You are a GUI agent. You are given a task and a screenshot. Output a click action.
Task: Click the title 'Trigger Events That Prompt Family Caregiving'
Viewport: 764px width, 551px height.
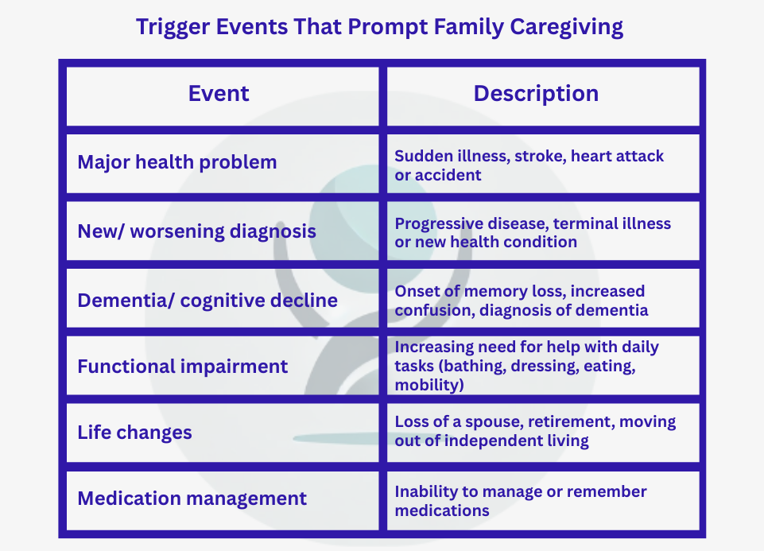coord(379,26)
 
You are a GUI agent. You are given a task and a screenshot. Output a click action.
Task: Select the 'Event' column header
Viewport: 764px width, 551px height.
coord(219,94)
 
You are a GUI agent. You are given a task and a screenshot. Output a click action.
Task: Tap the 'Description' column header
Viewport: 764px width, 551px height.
coord(536,94)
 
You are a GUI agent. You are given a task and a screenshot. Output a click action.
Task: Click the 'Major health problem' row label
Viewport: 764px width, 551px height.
coord(177,162)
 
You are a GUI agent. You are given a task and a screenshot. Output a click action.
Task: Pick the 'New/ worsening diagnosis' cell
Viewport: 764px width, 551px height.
coord(196,231)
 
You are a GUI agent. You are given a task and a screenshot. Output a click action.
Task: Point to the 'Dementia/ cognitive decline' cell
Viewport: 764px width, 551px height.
coord(207,301)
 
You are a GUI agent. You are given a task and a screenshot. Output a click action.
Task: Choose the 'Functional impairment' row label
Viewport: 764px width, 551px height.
coord(182,367)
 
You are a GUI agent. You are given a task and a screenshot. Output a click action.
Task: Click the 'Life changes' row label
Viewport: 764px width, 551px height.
coord(134,433)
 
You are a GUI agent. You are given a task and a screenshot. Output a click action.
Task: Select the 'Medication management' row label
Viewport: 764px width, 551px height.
coord(192,499)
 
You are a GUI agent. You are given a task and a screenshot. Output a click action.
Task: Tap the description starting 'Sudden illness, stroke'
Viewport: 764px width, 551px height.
coord(529,165)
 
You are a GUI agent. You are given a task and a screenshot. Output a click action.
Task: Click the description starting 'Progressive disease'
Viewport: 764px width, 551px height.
coord(533,232)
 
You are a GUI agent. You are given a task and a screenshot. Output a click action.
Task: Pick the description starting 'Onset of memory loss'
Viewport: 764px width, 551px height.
coord(522,301)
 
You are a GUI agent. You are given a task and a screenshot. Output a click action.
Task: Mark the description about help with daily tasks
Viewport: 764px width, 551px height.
coord(527,366)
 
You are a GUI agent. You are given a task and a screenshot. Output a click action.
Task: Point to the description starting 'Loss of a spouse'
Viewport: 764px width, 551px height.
coord(535,430)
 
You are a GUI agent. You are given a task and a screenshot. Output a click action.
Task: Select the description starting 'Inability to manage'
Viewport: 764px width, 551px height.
coord(521,500)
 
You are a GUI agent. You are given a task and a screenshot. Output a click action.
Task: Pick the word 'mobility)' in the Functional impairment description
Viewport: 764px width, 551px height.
coord(429,385)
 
